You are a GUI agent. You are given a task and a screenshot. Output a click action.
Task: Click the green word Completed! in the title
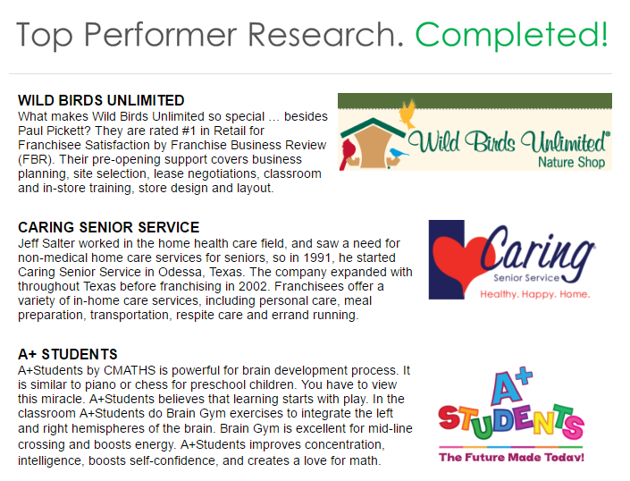pos(512,35)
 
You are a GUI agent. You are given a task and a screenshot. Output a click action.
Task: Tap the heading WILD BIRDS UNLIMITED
pos(101,100)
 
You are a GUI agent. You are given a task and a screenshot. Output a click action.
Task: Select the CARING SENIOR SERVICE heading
pos(108,227)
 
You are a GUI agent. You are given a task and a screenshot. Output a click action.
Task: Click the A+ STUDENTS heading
pos(68,354)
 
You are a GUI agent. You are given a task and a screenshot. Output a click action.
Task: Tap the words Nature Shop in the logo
pos(571,162)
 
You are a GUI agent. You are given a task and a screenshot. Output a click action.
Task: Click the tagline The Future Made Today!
pos(511,457)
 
